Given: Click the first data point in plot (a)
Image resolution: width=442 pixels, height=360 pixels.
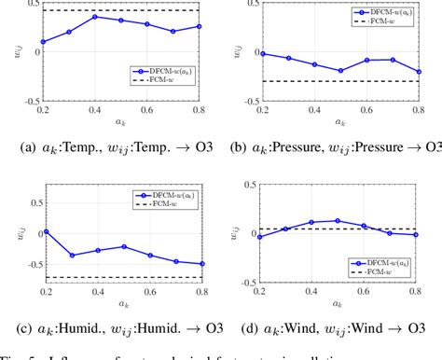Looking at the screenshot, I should point(43,41).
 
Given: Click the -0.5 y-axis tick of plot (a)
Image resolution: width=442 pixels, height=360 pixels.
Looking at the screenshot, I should point(30,99).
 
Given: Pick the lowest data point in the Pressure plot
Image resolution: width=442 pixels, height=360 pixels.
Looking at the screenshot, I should point(342,70).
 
